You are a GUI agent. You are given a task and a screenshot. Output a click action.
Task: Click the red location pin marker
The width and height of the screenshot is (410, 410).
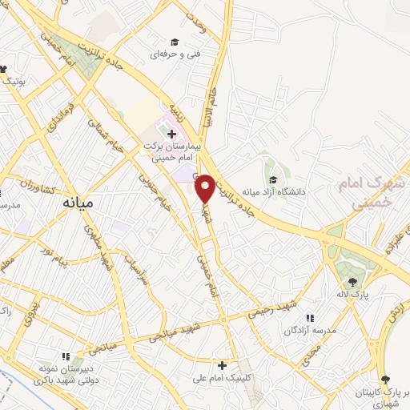(x=205, y=188)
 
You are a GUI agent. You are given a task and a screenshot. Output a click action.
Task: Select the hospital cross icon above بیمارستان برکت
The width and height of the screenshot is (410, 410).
(x=172, y=132)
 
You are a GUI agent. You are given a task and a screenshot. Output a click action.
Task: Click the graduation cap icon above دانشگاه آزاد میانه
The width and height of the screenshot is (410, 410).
(x=273, y=180)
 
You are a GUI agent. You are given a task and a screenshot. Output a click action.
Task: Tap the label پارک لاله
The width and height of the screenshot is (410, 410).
(x=352, y=294)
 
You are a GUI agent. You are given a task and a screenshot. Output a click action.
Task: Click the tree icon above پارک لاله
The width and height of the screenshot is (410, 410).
(x=352, y=281)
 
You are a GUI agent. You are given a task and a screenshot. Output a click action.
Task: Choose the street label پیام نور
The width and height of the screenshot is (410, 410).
(x=55, y=261)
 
